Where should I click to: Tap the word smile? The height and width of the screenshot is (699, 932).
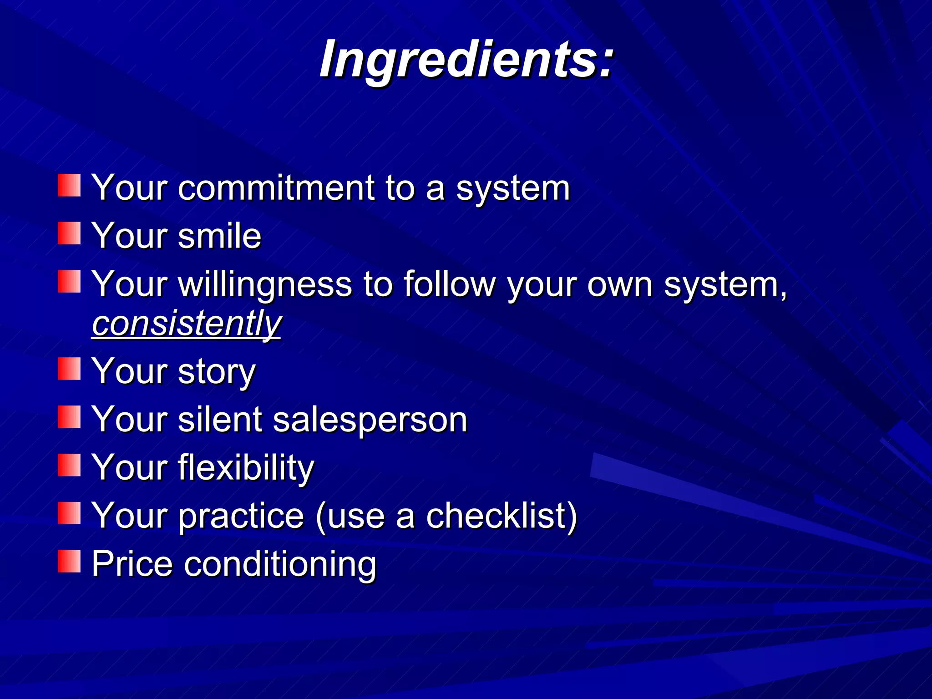[220, 236]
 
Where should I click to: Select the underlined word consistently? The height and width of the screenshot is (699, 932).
[187, 324]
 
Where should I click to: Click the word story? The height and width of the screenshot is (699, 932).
[217, 372]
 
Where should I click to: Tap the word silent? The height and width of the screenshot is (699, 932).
[220, 420]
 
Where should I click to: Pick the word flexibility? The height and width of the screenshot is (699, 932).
[246, 468]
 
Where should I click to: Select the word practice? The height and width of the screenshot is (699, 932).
[241, 517]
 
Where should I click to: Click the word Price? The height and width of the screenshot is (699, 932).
[132, 564]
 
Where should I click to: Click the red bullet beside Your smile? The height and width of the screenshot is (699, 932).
[69, 233]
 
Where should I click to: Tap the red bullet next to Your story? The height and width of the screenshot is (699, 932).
[69, 369]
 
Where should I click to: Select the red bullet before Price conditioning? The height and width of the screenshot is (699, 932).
[69, 561]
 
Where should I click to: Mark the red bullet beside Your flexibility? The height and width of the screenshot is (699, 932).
[69, 465]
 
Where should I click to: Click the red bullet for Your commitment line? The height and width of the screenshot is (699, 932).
[69, 185]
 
